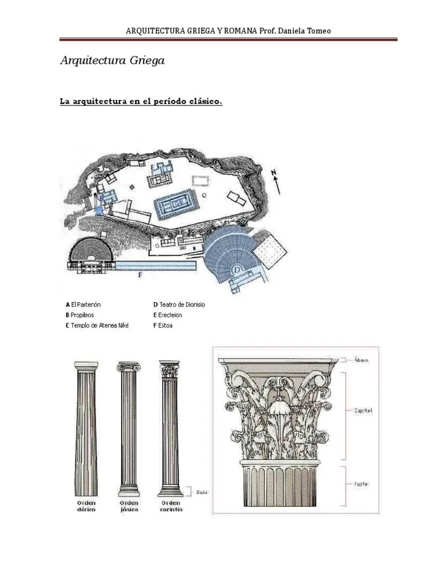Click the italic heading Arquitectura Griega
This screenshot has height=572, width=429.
point(112,60)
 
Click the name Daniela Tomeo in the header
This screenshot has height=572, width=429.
point(305,31)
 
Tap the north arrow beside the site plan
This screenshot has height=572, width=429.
point(277,181)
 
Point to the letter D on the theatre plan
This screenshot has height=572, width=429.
point(237,270)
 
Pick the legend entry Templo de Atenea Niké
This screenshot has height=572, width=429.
point(97,325)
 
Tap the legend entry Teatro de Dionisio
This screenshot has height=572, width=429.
point(179,305)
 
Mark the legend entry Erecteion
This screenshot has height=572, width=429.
point(168,315)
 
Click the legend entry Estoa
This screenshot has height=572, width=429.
point(163,325)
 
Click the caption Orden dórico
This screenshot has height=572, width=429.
point(86,506)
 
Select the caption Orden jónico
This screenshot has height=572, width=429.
point(129,506)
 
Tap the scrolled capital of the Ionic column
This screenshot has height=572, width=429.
point(128,367)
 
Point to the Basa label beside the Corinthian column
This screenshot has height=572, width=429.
point(202,493)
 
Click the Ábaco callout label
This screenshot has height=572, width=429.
point(361,360)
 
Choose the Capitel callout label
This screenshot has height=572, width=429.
point(363,411)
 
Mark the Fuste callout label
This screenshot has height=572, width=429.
point(361,484)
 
